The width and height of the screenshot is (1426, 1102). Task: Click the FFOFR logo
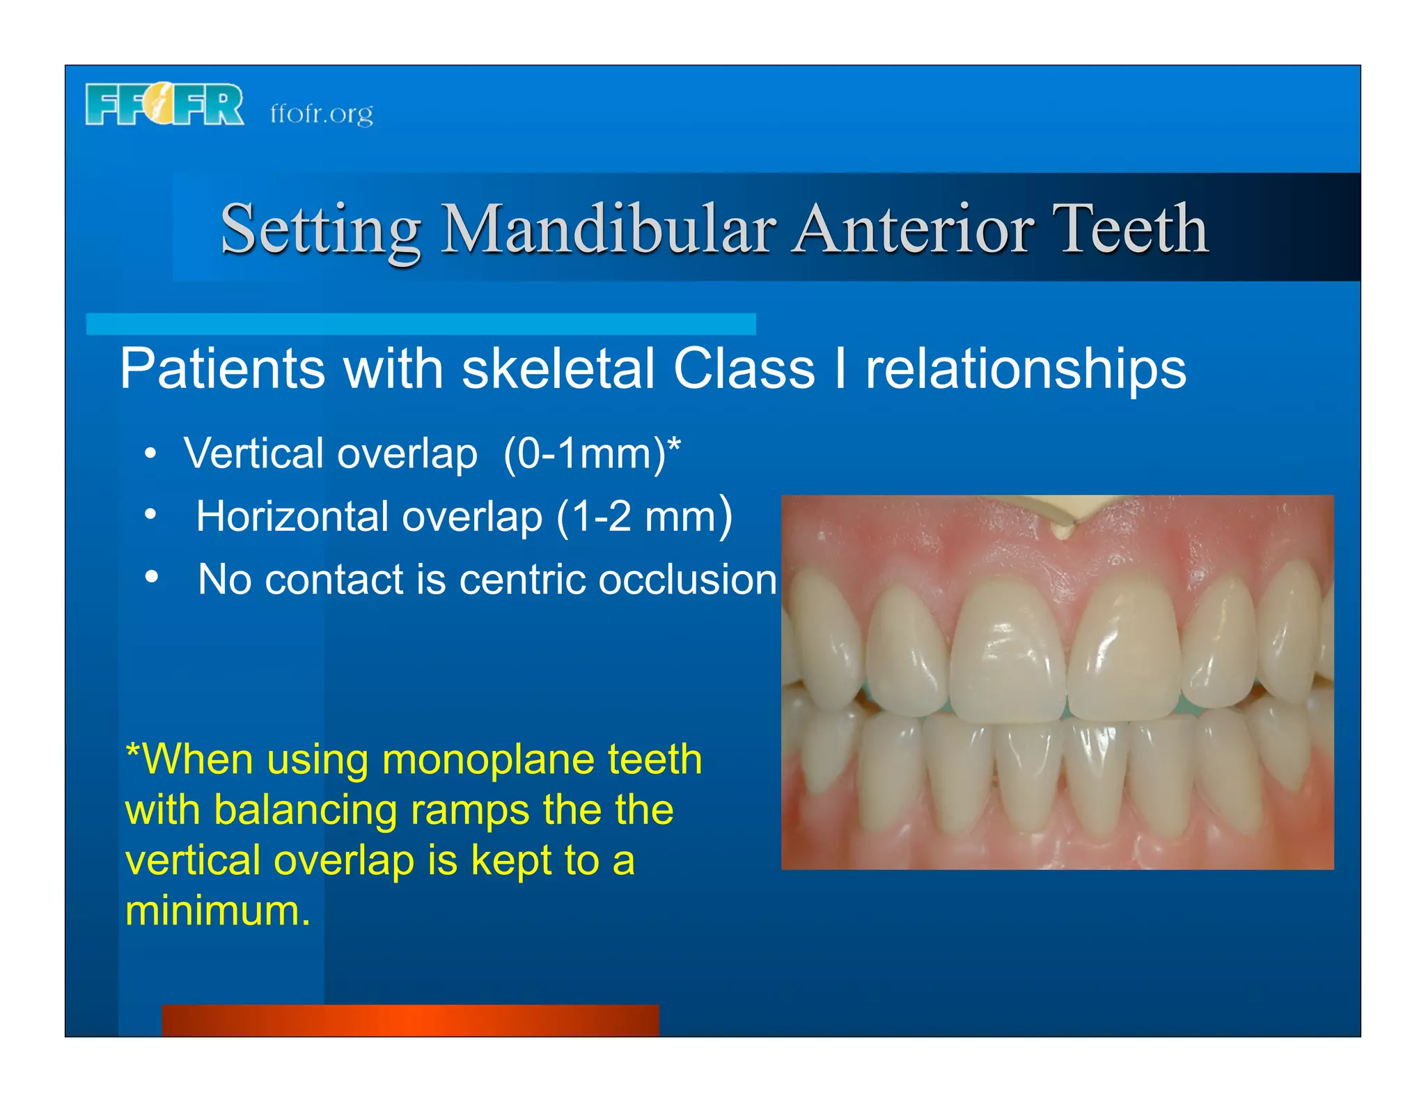pyautogui.click(x=164, y=104)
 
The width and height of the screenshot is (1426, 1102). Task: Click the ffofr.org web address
pyautogui.click(x=321, y=114)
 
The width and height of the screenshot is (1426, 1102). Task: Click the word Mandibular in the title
pyautogui.click(x=609, y=229)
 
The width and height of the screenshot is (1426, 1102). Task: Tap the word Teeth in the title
pyautogui.click(x=1129, y=229)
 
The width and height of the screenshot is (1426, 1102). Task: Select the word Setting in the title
pyautogui.click(x=320, y=231)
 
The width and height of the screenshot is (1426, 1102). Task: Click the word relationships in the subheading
pyautogui.click(x=1025, y=370)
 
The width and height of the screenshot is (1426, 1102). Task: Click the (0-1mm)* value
pyautogui.click(x=591, y=453)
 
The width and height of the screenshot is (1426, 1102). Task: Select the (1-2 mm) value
pyautogui.click(x=644, y=516)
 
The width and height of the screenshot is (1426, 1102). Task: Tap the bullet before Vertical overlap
pyautogui.click(x=150, y=454)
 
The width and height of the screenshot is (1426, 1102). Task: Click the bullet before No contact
pyautogui.click(x=151, y=577)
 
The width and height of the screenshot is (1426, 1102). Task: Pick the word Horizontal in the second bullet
pyautogui.click(x=292, y=516)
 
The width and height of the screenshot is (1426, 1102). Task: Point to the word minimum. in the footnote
pyautogui.click(x=217, y=910)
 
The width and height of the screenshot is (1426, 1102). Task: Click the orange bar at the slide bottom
pyautogui.click(x=410, y=1020)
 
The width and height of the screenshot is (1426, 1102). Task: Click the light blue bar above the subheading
pyautogui.click(x=421, y=324)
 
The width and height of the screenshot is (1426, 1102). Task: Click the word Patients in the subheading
pyautogui.click(x=222, y=368)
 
